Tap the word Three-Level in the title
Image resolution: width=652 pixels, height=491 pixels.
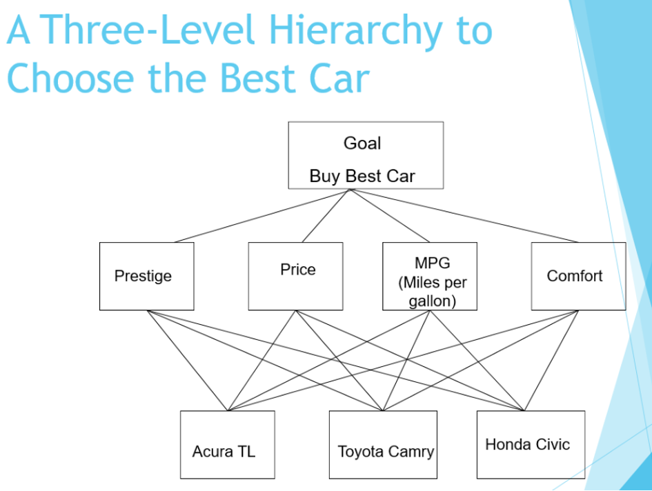point(151,31)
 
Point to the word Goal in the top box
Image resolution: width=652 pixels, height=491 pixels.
point(362,143)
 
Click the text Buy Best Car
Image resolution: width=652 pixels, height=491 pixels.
point(362,176)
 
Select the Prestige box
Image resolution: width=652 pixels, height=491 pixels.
point(146,276)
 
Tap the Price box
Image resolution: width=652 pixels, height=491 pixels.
point(295,276)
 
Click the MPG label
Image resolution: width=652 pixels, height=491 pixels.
point(432,263)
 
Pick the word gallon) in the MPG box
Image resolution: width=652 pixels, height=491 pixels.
point(433,301)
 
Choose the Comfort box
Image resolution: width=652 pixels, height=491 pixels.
point(578,276)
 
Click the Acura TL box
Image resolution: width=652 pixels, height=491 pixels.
point(227,445)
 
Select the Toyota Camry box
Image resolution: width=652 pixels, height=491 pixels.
point(382,445)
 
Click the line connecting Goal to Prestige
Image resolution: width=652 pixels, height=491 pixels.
point(262,215)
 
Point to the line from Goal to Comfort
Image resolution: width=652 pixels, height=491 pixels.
point(464,215)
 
